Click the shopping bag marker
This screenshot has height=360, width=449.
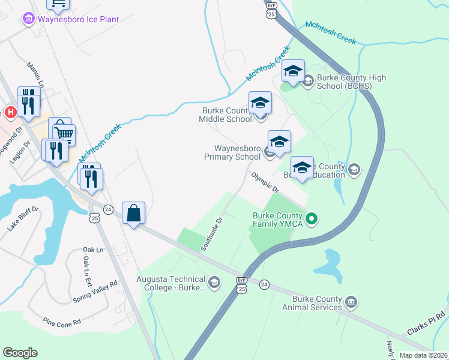coord(133,213)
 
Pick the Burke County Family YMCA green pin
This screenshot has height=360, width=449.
coord(311,220)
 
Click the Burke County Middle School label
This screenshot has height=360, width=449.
coord(226,115)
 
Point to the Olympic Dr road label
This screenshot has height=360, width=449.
coord(265,182)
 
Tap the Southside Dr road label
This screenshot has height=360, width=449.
coord(212,233)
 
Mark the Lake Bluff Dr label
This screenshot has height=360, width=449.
coord(23,218)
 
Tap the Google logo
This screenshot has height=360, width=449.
coord(20,353)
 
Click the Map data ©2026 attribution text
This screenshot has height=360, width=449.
coord(423,355)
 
